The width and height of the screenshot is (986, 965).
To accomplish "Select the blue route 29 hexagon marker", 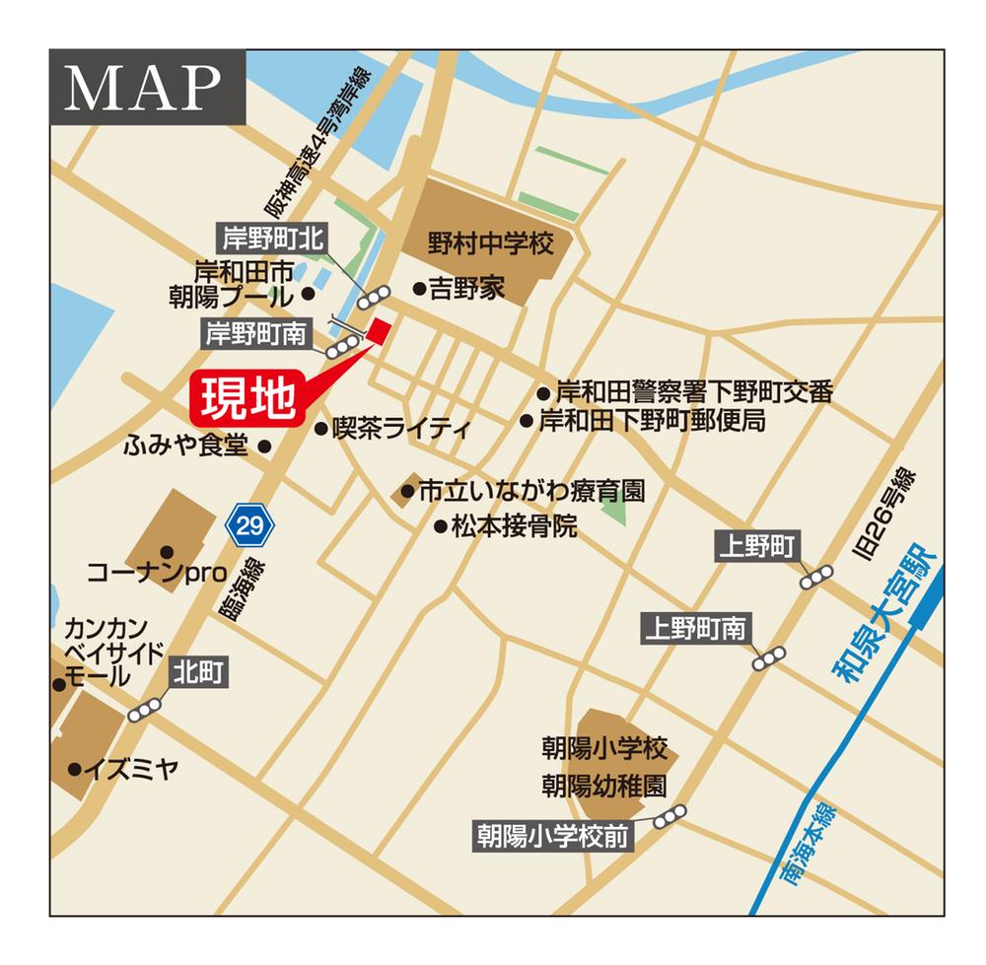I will (250, 525).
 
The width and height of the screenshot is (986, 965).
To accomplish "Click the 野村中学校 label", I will (491, 242).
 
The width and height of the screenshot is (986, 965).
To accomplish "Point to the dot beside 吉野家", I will (419, 289).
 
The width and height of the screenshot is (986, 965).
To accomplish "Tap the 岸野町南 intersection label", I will (255, 334).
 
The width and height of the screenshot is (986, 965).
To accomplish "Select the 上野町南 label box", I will (696, 628).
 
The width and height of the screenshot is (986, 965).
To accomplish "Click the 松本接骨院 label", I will (514, 526).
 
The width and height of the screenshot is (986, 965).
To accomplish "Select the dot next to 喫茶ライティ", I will (320, 428).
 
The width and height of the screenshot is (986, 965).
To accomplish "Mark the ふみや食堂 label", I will (184, 446).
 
